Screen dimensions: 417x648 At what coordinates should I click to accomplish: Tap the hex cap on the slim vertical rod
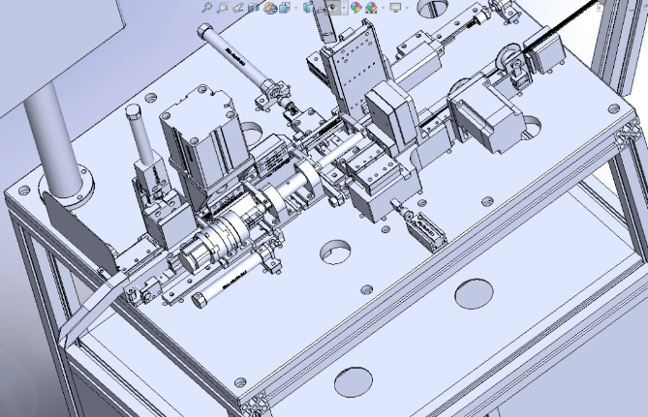coord(135,112)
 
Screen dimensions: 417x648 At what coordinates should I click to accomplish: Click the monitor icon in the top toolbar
coord(394,8)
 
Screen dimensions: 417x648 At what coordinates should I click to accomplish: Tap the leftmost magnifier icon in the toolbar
coord(206,8)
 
